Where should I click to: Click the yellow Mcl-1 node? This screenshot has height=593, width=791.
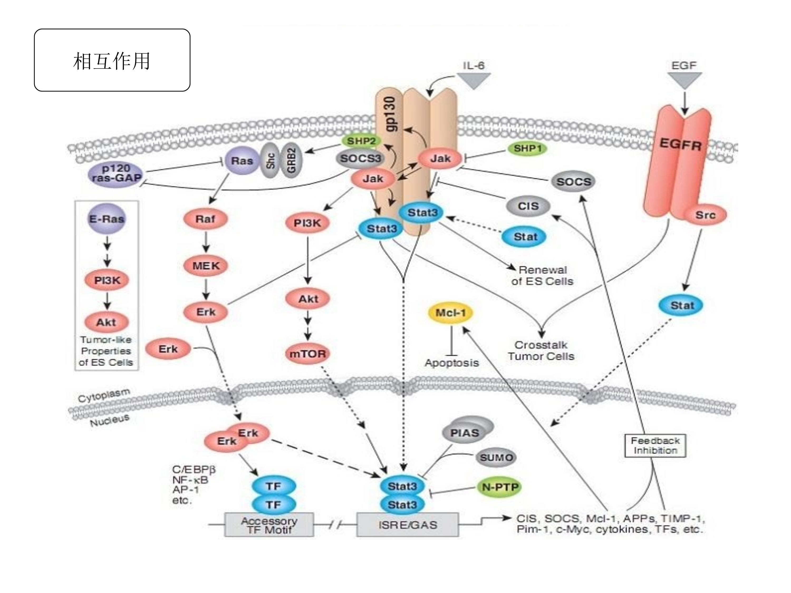451,313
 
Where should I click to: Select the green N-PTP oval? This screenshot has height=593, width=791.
500,487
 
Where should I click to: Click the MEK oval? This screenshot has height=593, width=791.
206,266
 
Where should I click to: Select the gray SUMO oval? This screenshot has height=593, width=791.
496,457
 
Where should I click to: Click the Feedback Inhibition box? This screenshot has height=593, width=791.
655,445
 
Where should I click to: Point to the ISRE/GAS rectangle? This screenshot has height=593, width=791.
407,525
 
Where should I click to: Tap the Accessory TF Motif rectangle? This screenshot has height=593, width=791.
269,525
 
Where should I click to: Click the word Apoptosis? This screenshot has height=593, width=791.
451,363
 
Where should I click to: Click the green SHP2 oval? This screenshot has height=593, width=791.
361,141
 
